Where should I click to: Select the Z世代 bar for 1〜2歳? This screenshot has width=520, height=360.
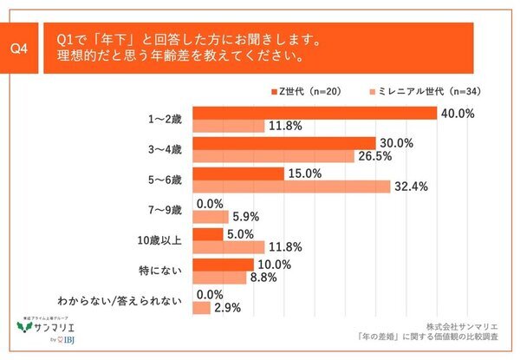pos(315,113)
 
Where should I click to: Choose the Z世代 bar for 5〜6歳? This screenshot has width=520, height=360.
pos(238,173)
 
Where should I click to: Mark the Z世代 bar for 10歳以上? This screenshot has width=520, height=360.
pos(200,233)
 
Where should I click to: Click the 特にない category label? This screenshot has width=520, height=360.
pos(165,270)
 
